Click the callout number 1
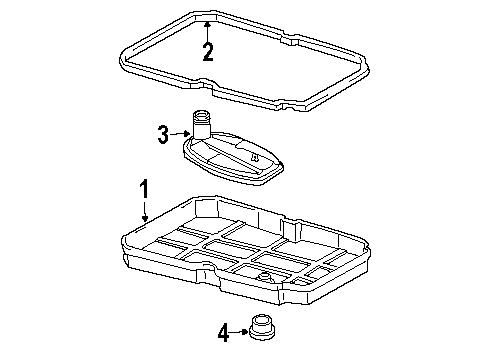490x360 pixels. click(144, 189)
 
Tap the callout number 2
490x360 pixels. click(208, 52)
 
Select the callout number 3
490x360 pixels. click(163, 134)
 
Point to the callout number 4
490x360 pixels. click(224, 333)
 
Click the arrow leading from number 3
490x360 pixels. click(180, 134)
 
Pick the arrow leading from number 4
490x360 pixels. click(240, 332)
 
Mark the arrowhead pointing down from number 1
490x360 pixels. click(145, 218)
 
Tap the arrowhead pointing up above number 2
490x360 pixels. click(207, 24)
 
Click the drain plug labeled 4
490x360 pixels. click(262, 327)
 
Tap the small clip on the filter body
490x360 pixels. click(254, 157)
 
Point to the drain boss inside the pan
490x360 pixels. click(265, 277)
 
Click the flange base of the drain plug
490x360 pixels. click(262, 333)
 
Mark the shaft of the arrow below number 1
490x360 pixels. click(145, 207)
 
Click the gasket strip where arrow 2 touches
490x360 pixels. click(207, 19)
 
